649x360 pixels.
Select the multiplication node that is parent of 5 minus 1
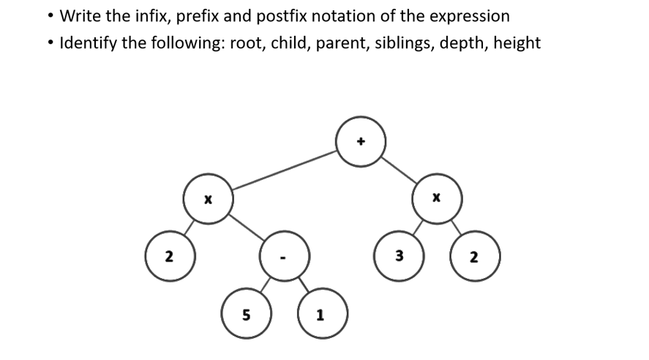[x=208, y=198]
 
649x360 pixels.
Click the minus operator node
[x=285, y=257]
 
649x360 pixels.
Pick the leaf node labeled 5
[x=246, y=315]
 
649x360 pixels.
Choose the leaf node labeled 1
[x=321, y=315]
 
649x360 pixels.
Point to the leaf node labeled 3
[x=398, y=257]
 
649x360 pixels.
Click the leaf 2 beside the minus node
[x=169, y=257]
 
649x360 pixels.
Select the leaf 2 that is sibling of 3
[x=474, y=257]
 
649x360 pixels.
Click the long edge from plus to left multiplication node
[x=285, y=170]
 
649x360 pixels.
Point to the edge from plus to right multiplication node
[x=399, y=169]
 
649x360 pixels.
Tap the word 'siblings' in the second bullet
[x=402, y=43]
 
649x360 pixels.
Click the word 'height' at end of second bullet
[x=517, y=43]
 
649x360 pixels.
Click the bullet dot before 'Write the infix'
[x=48, y=16]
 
